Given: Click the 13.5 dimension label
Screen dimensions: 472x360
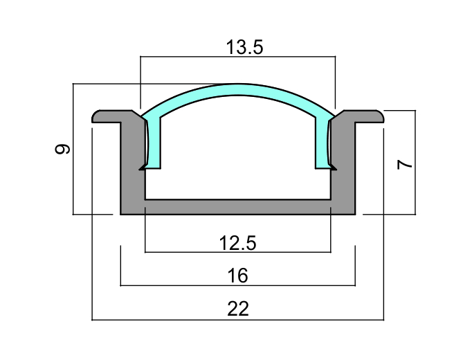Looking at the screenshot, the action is [x=244, y=47].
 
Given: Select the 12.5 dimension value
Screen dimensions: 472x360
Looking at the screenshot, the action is [x=238, y=243].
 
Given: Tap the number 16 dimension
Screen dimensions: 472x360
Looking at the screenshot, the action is [x=238, y=276].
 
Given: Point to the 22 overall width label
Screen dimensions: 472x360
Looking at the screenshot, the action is [x=238, y=309].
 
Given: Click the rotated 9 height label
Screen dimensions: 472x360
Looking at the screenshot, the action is [x=62, y=149].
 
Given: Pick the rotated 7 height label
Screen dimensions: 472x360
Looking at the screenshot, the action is [x=404, y=165].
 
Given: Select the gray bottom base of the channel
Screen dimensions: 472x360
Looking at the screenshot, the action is [x=238, y=207].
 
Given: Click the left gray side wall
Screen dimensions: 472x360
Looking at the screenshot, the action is [x=132, y=163].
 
